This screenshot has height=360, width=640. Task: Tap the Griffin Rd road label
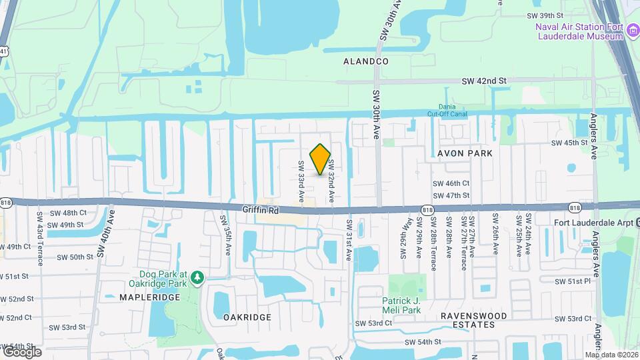point(259,209)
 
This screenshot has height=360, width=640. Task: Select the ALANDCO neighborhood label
point(365,61)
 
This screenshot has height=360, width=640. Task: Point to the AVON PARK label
point(465,153)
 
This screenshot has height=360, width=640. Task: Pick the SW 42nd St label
point(485,81)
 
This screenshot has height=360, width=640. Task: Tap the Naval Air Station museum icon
point(632,29)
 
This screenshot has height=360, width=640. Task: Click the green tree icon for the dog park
point(197,276)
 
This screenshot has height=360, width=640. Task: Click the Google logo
point(21,351)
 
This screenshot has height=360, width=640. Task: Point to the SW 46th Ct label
point(451,183)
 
